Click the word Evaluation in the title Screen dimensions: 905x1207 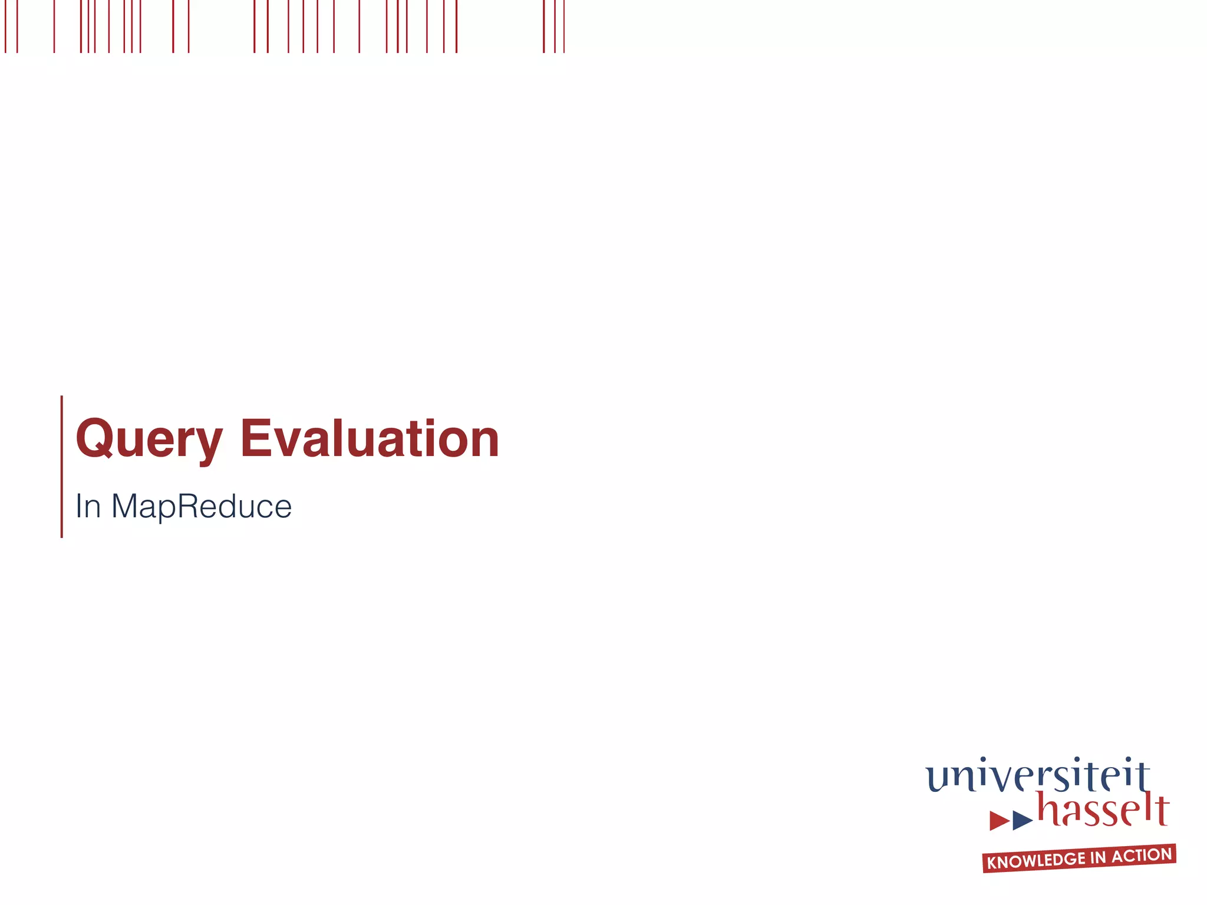coord(370,439)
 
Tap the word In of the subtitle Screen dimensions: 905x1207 coord(88,506)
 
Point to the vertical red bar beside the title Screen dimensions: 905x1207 coord(62,466)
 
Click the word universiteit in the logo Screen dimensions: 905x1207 coord(1037,777)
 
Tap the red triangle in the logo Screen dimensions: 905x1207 coord(998,820)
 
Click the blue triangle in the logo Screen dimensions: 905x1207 coord(1022,820)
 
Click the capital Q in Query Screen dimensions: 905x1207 coord(94,439)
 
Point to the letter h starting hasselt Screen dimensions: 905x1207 coord(1048,808)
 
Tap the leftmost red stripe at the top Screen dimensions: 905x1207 coord(5,27)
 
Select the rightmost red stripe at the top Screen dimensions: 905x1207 coord(564,27)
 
